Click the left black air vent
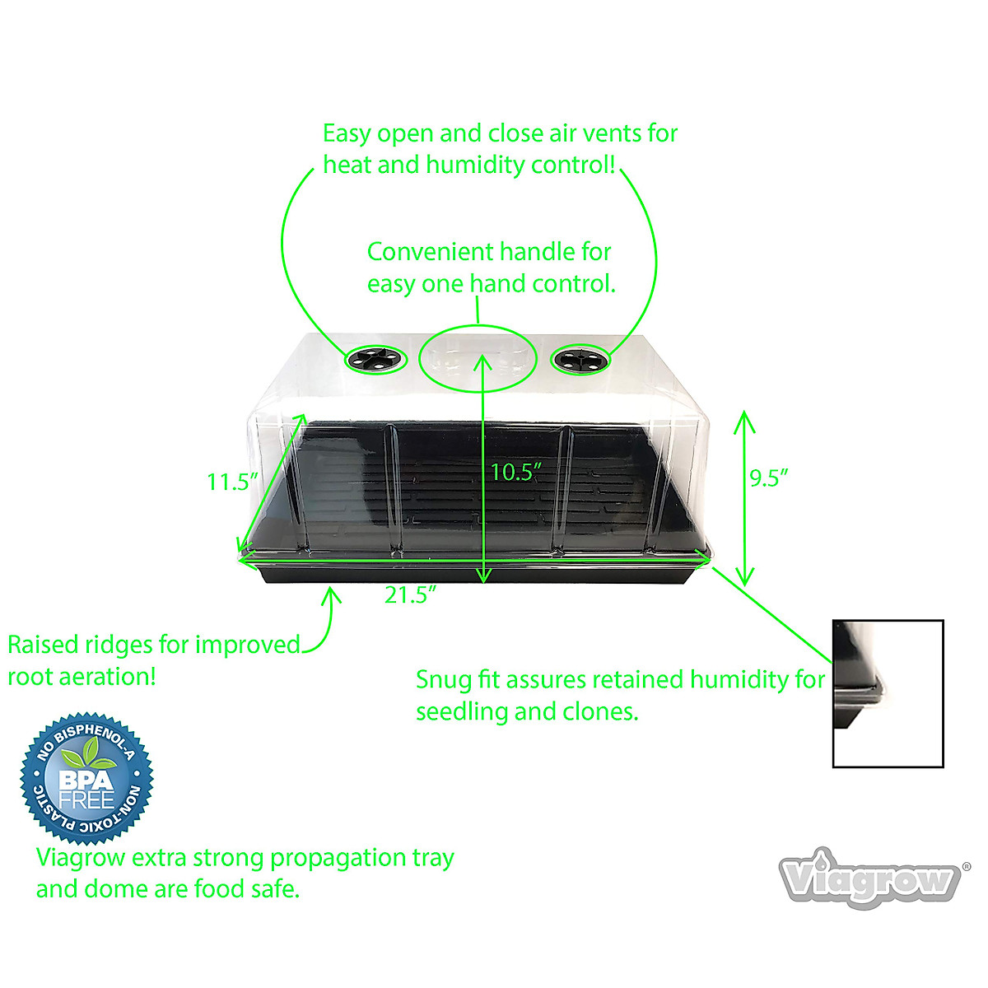pos(376,359)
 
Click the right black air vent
pos(580,359)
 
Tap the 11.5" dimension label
pos(232,482)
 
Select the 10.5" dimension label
pos(515,472)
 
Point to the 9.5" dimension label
pos(769,478)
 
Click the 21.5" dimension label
pos(410,594)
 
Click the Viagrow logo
pos(871,879)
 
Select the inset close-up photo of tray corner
pos(888,693)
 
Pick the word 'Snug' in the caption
pos(445,680)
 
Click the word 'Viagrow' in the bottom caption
pos(81,858)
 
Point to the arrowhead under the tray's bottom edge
pos(332,593)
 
